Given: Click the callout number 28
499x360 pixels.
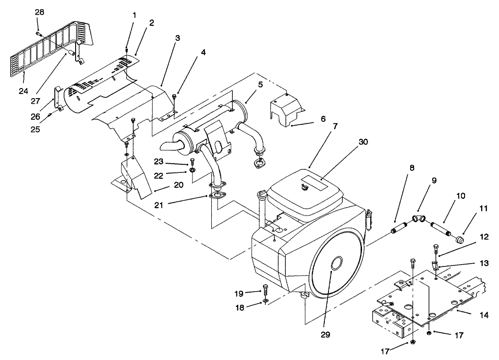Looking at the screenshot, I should pyautogui.click(x=39, y=12).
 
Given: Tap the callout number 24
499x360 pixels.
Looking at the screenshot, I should pyautogui.click(x=23, y=91).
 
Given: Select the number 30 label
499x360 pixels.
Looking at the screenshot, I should pyautogui.click(x=363, y=142).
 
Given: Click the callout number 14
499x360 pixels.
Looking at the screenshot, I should pyautogui.click(x=484, y=315).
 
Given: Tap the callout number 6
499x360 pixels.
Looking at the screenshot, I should pyautogui.click(x=323, y=118).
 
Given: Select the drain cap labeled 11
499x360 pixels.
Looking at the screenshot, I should pyautogui.click(x=459, y=238).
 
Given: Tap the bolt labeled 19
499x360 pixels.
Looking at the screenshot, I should pyautogui.click(x=265, y=291).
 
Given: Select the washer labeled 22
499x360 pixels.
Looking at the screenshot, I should pyautogui.click(x=193, y=172).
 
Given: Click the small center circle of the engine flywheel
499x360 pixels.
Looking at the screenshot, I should pyautogui.click(x=337, y=264).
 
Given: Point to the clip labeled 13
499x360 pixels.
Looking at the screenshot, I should pyautogui.click(x=435, y=265).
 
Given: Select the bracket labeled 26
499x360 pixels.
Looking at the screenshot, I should pyautogui.click(x=57, y=97).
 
